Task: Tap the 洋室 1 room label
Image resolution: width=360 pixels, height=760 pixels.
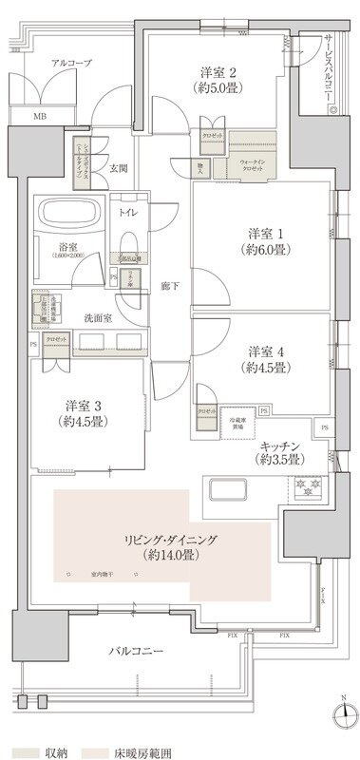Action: pos(263,234)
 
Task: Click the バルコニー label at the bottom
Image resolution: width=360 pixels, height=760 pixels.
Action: pos(139,653)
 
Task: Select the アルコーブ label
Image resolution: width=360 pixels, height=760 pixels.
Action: pos(72,62)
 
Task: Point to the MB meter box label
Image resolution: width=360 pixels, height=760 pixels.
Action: pos(39,117)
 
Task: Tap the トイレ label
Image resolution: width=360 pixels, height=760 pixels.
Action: pos(127,212)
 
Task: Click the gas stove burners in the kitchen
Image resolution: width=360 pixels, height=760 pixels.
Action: pos(309,490)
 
